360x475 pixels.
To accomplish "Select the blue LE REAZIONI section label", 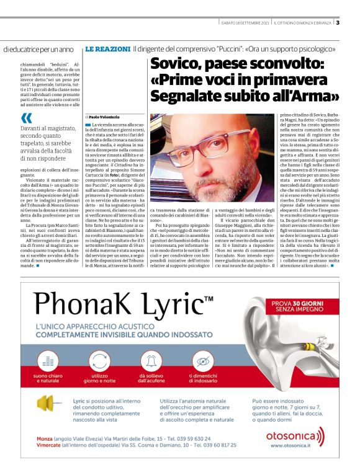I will pyautogui.click(x=106, y=48).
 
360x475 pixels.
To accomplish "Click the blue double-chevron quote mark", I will pyautogui.click(x=26, y=118).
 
